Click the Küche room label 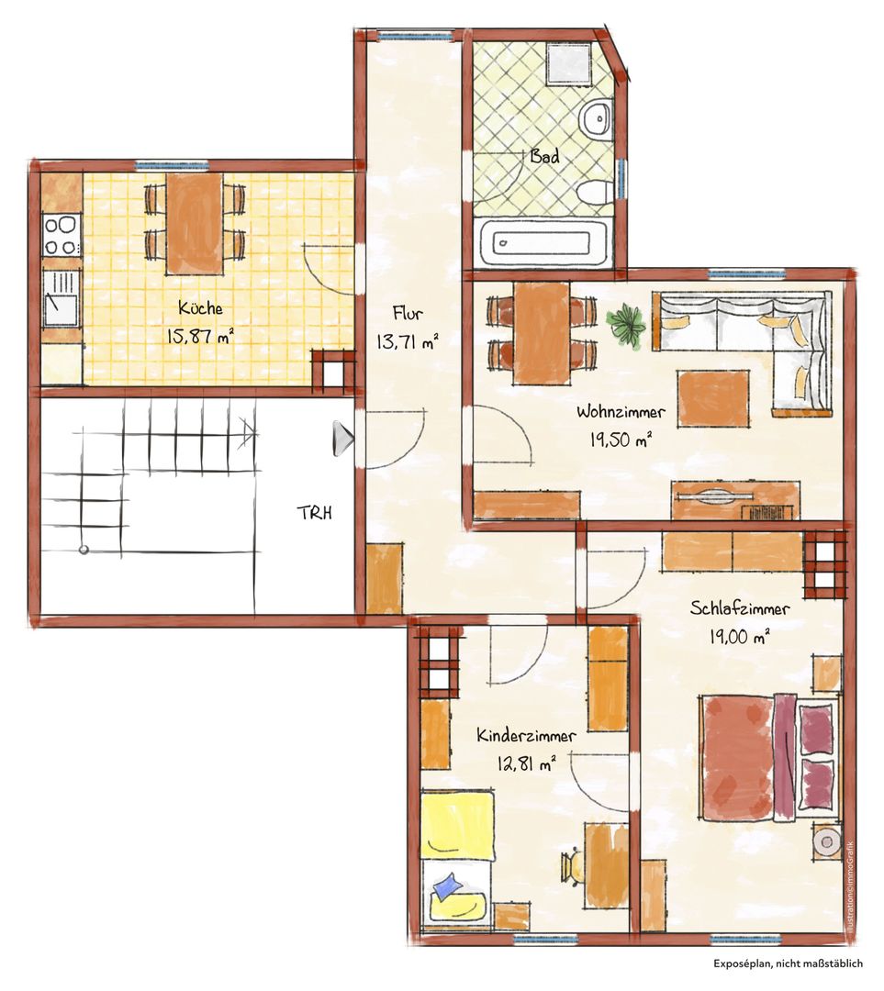[x=200, y=307]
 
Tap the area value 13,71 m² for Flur [x=408, y=342]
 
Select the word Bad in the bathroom [x=544, y=155]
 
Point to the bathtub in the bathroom [x=545, y=241]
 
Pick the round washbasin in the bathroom [x=595, y=118]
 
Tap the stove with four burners [x=61, y=235]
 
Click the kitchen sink [x=61, y=299]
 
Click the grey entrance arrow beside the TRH [x=342, y=438]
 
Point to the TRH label [x=315, y=513]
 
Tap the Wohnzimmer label [x=621, y=412]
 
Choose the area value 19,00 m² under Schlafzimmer [x=739, y=636]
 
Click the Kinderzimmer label [x=526, y=736]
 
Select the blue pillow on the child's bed [x=448, y=885]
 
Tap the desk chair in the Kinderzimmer [x=574, y=866]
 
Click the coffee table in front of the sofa [x=713, y=399]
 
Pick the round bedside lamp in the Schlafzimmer [x=826, y=841]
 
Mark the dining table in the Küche [x=194, y=224]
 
